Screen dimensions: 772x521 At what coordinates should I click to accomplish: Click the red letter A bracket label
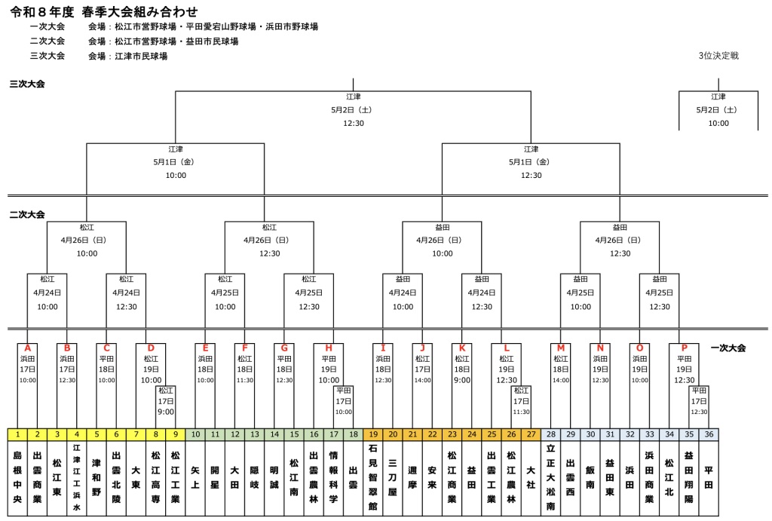coord(28,348)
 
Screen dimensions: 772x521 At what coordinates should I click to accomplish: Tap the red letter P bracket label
coord(684,348)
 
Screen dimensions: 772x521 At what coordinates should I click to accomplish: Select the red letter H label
coord(329,348)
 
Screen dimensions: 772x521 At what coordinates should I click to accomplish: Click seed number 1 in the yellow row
coord(18,434)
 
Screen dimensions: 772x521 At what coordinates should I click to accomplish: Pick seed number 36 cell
coord(709,434)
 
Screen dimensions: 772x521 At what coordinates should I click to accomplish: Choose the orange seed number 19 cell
coord(373,434)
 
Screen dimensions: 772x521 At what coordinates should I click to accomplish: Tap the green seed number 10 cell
coord(195,434)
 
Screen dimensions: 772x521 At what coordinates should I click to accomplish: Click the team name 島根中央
coord(18,477)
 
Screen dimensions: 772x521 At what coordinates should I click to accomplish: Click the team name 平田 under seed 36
coord(709,478)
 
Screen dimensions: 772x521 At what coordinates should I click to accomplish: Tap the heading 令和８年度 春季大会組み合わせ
coord(104,11)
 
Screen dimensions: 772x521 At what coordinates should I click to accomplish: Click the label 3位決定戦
coord(718,56)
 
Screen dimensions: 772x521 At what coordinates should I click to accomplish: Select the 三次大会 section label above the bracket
coord(27,84)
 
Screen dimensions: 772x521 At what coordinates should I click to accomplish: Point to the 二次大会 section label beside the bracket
coord(27,214)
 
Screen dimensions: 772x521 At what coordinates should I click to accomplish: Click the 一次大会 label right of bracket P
coord(728,348)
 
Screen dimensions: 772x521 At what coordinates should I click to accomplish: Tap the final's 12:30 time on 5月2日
coord(354,123)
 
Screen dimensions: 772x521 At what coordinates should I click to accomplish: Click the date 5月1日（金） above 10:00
coord(176,162)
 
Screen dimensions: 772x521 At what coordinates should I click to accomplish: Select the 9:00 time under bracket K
coord(462,380)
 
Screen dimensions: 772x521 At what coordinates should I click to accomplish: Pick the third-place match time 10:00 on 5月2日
coord(718,123)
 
